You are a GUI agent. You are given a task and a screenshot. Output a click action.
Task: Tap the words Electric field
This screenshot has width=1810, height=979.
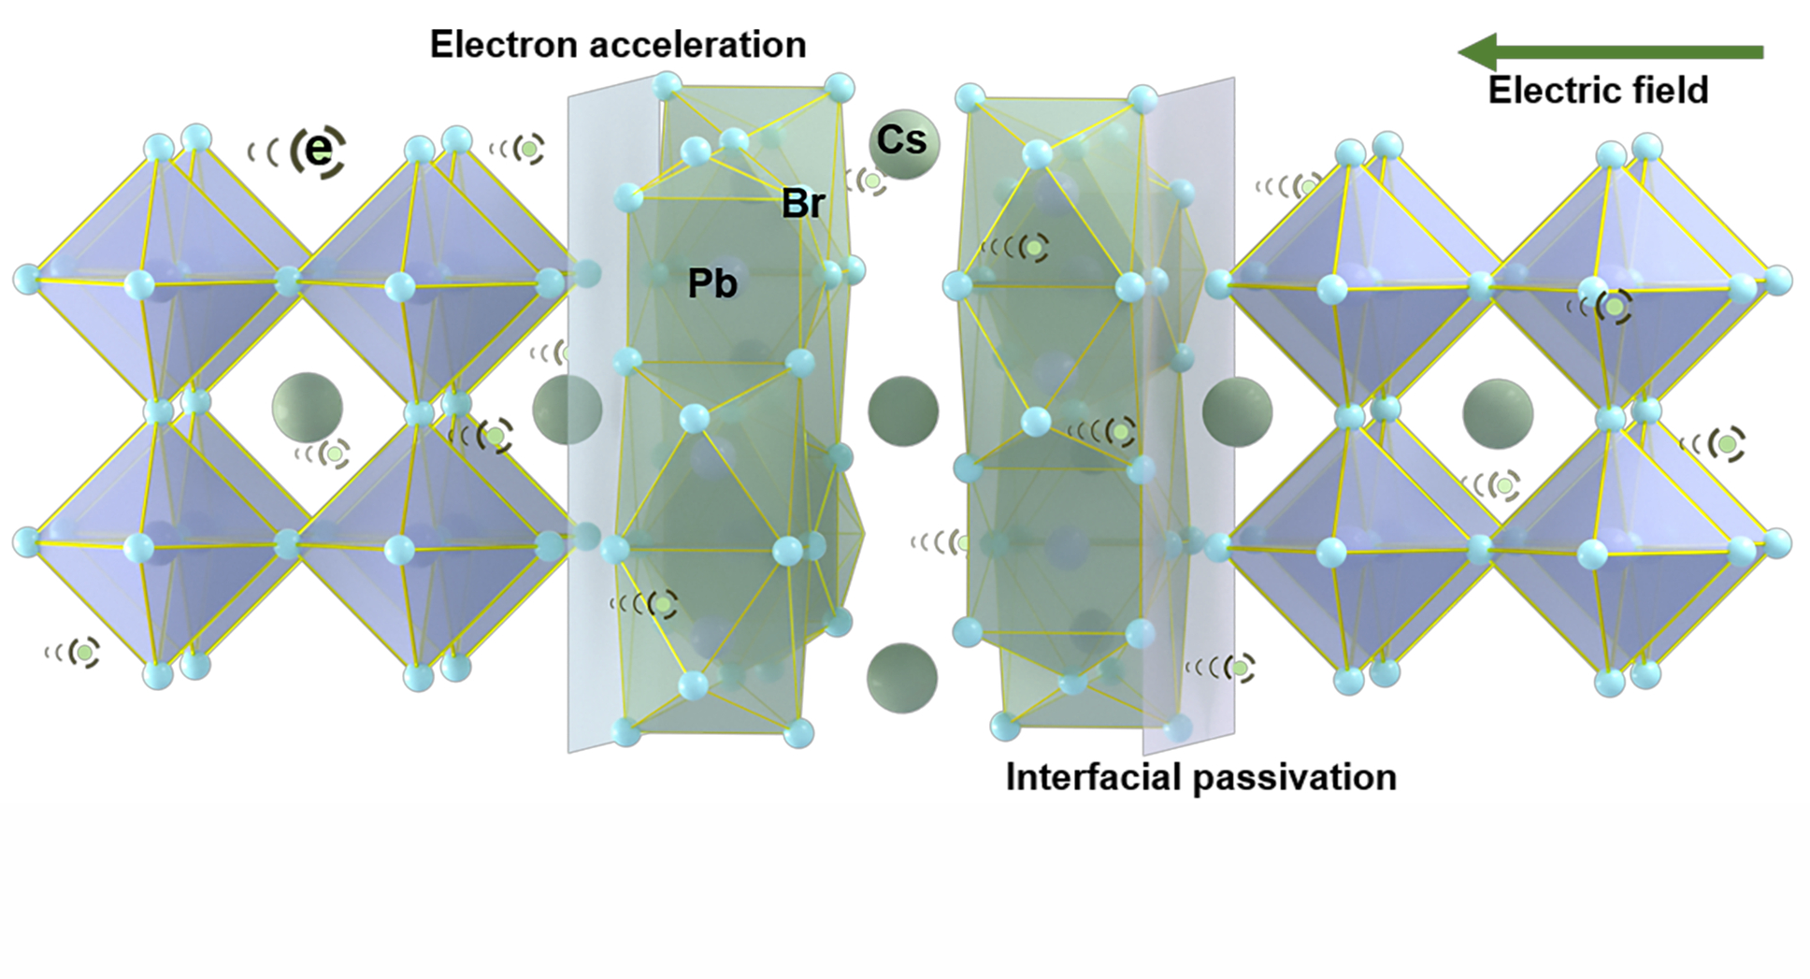tap(1598, 91)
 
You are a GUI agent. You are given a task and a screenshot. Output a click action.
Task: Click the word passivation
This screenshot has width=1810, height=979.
tap(1302, 778)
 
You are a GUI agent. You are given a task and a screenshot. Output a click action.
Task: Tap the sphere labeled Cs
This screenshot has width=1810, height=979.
tap(902, 142)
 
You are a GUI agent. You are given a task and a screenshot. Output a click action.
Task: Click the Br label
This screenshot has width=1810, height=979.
tap(803, 204)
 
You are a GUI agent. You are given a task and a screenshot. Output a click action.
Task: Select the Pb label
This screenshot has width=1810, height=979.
tap(712, 284)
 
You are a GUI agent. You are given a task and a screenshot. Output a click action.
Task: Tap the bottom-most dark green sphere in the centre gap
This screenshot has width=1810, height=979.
tap(901, 678)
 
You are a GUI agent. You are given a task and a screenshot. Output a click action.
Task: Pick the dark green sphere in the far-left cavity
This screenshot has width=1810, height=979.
tap(308, 408)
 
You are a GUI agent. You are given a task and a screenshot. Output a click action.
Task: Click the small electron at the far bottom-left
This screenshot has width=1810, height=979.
tap(85, 652)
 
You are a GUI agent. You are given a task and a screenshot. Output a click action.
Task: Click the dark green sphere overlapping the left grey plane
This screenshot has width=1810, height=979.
tap(567, 410)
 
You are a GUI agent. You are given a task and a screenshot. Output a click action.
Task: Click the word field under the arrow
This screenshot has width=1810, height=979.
tap(1669, 91)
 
